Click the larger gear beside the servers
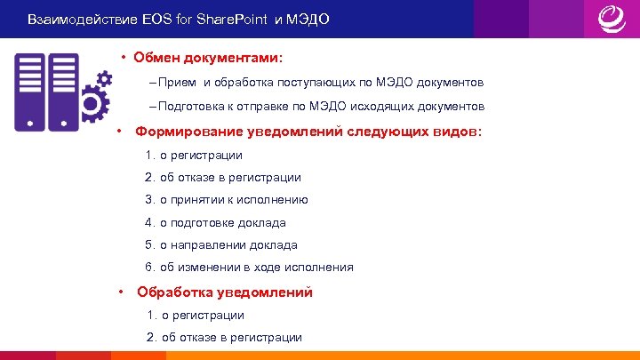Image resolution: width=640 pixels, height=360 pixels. pyautogui.click(x=92, y=105)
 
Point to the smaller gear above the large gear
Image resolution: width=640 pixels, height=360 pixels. pyautogui.click(x=103, y=78)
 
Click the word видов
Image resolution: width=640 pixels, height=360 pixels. pyautogui.click(x=457, y=132)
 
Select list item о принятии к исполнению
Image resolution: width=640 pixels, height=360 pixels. pyautogui.click(x=233, y=200)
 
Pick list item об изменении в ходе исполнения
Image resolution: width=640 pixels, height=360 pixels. pyautogui.click(x=256, y=267)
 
